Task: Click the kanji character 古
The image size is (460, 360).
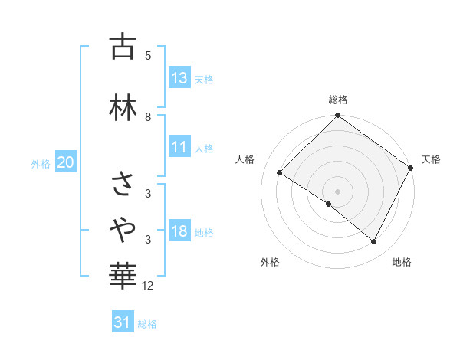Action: (123, 47)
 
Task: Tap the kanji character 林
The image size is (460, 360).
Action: (123, 107)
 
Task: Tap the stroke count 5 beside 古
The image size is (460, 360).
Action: (148, 56)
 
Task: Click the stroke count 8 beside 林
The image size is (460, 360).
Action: (148, 116)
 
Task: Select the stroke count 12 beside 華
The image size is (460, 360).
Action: (148, 286)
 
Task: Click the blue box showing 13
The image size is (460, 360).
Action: (179, 78)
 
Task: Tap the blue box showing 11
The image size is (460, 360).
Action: (179, 147)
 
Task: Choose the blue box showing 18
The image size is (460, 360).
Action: (179, 232)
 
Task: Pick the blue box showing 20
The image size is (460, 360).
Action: (66, 162)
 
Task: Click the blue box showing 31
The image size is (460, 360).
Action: (123, 322)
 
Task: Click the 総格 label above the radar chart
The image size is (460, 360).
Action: (337, 100)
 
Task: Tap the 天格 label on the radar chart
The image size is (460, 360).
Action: (431, 159)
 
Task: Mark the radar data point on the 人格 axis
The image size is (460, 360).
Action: (280, 173)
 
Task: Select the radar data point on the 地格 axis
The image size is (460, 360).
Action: (374, 242)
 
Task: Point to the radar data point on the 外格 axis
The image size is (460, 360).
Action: (328, 205)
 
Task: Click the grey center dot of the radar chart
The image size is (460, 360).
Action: (337, 191)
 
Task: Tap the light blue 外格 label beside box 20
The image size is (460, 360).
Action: (41, 163)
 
